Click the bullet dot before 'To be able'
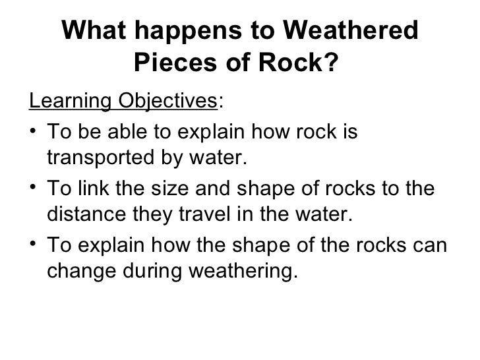tap(34, 134)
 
